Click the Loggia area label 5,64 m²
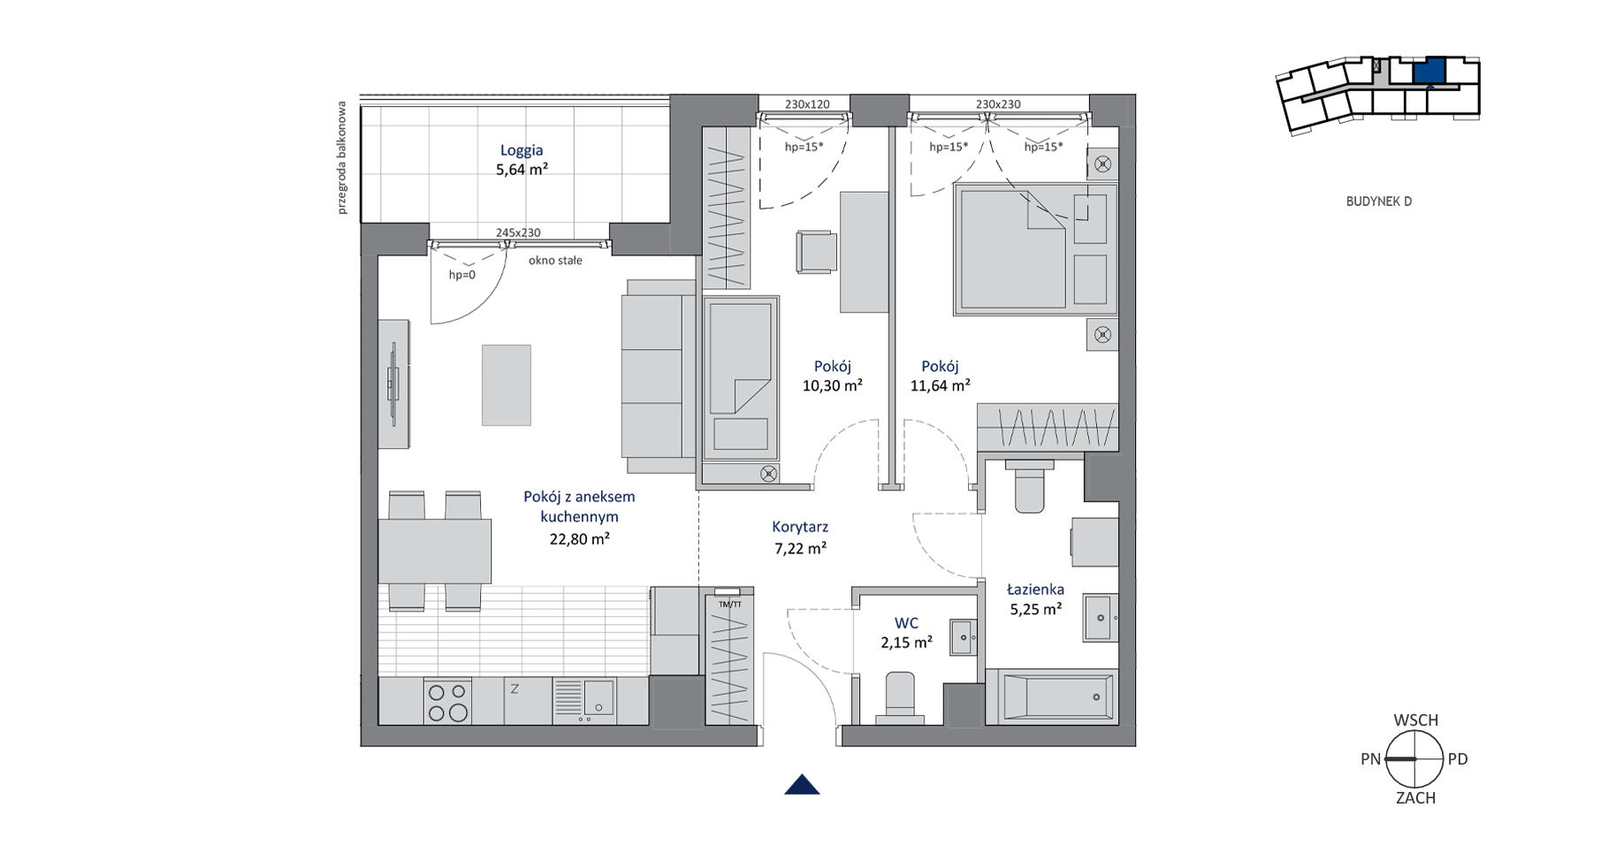522,170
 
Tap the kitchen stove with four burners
447,702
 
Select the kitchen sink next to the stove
584,701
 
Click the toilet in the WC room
900,698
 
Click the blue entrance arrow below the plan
802,785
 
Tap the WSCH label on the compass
1415,720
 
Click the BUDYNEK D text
1378,202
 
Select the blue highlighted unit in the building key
1429,71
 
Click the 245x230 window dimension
518,233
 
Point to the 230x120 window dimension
807,104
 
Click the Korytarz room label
800,527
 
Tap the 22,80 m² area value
579,538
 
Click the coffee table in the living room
507,385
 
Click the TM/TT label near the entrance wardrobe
730,605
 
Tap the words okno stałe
555,261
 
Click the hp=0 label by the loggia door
461,275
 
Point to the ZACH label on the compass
1415,798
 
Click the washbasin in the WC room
964,637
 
